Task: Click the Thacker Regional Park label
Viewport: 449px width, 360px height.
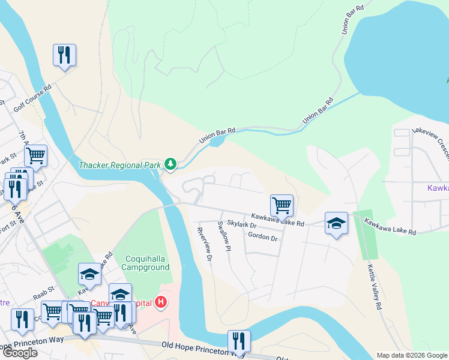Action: click(x=120, y=164)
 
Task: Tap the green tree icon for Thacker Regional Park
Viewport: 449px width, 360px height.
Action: click(x=171, y=163)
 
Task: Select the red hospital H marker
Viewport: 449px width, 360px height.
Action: click(x=160, y=302)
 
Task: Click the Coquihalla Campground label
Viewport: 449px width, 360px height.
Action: click(x=143, y=263)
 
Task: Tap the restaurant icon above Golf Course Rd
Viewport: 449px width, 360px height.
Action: click(x=64, y=55)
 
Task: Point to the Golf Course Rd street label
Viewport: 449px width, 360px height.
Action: click(x=32, y=98)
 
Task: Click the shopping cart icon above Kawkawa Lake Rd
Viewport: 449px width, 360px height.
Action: click(x=282, y=206)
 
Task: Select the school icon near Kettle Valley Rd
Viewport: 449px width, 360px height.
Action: click(x=337, y=224)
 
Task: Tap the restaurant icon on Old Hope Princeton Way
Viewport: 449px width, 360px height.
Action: click(x=239, y=341)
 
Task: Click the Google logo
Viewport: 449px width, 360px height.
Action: click(x=20, y=353)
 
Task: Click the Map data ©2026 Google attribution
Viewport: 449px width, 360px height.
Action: click(x=411, y=355)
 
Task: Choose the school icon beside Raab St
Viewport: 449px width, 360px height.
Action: click(x=90, y=274)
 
